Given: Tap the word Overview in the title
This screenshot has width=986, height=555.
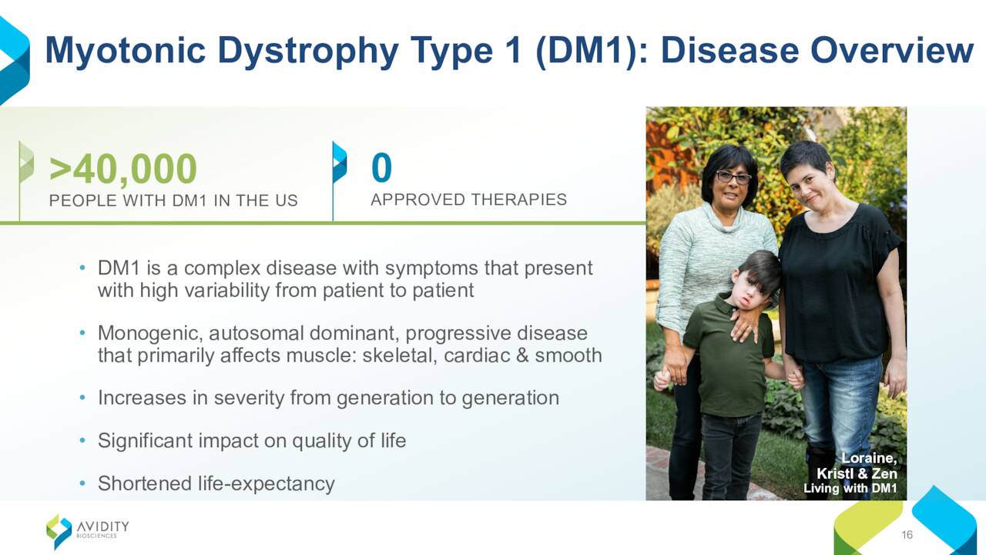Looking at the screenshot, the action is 892,51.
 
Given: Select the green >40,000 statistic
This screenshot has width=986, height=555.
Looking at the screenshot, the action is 123,169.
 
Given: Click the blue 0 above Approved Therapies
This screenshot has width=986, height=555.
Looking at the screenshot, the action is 381,167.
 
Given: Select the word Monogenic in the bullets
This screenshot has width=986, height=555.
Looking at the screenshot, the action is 150,334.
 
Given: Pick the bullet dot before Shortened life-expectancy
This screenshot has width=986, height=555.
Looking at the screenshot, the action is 82,483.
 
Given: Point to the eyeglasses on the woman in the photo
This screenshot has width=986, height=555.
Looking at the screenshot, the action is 733,177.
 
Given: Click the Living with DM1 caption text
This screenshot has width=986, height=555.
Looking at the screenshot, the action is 850,488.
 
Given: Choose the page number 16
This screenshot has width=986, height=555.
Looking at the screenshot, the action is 907,535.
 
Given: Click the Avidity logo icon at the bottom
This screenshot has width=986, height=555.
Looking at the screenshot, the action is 59,531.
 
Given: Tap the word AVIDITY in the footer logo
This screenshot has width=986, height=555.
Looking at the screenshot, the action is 103,526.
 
